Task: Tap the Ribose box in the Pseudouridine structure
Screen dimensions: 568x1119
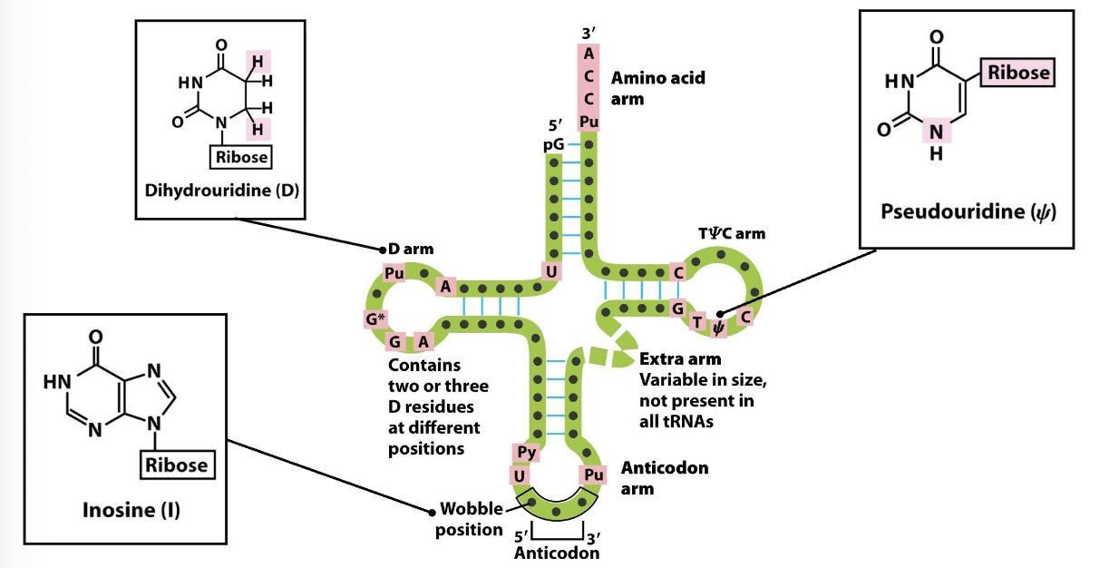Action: (x=1017, y=73)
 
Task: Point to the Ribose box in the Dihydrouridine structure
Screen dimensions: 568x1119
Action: (x=240, y=156)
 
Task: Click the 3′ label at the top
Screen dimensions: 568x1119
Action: (x=589, y=34)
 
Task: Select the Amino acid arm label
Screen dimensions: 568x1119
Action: (x=657, y=88)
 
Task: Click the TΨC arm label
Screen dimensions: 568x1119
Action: (x=731, y=233)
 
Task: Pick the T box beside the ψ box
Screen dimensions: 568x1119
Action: (x=697, y=321)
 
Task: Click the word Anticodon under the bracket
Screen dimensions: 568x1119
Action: (x=556, y=552)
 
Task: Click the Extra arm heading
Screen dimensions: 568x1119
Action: (x=679, y=358)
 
